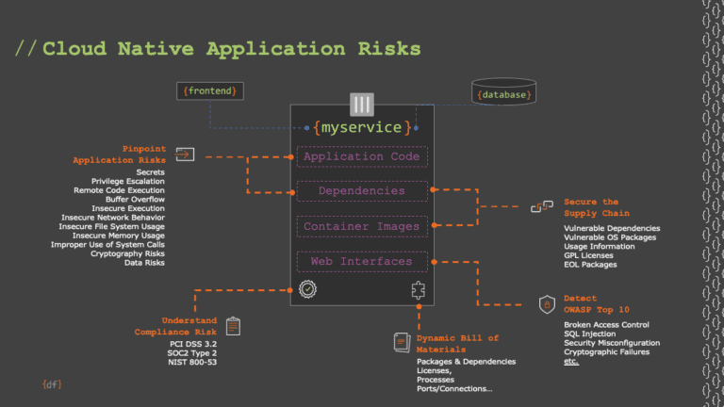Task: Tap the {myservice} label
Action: [362, 127]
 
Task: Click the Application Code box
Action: [362, 156]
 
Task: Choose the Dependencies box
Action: [362, 190]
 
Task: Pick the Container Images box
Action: [362, 226]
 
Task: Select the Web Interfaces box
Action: [362, 261]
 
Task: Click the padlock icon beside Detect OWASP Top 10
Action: [546, 304]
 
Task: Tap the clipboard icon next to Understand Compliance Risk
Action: [233, 326]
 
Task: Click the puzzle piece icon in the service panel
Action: [419, 290]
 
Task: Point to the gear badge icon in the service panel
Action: [306, 290]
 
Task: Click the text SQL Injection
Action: [590, 334]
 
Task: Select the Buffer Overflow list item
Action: [134, 199]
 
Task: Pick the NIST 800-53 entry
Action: [191, 362]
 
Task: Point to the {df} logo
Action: [49, 384]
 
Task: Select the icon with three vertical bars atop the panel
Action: [362, 104]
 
